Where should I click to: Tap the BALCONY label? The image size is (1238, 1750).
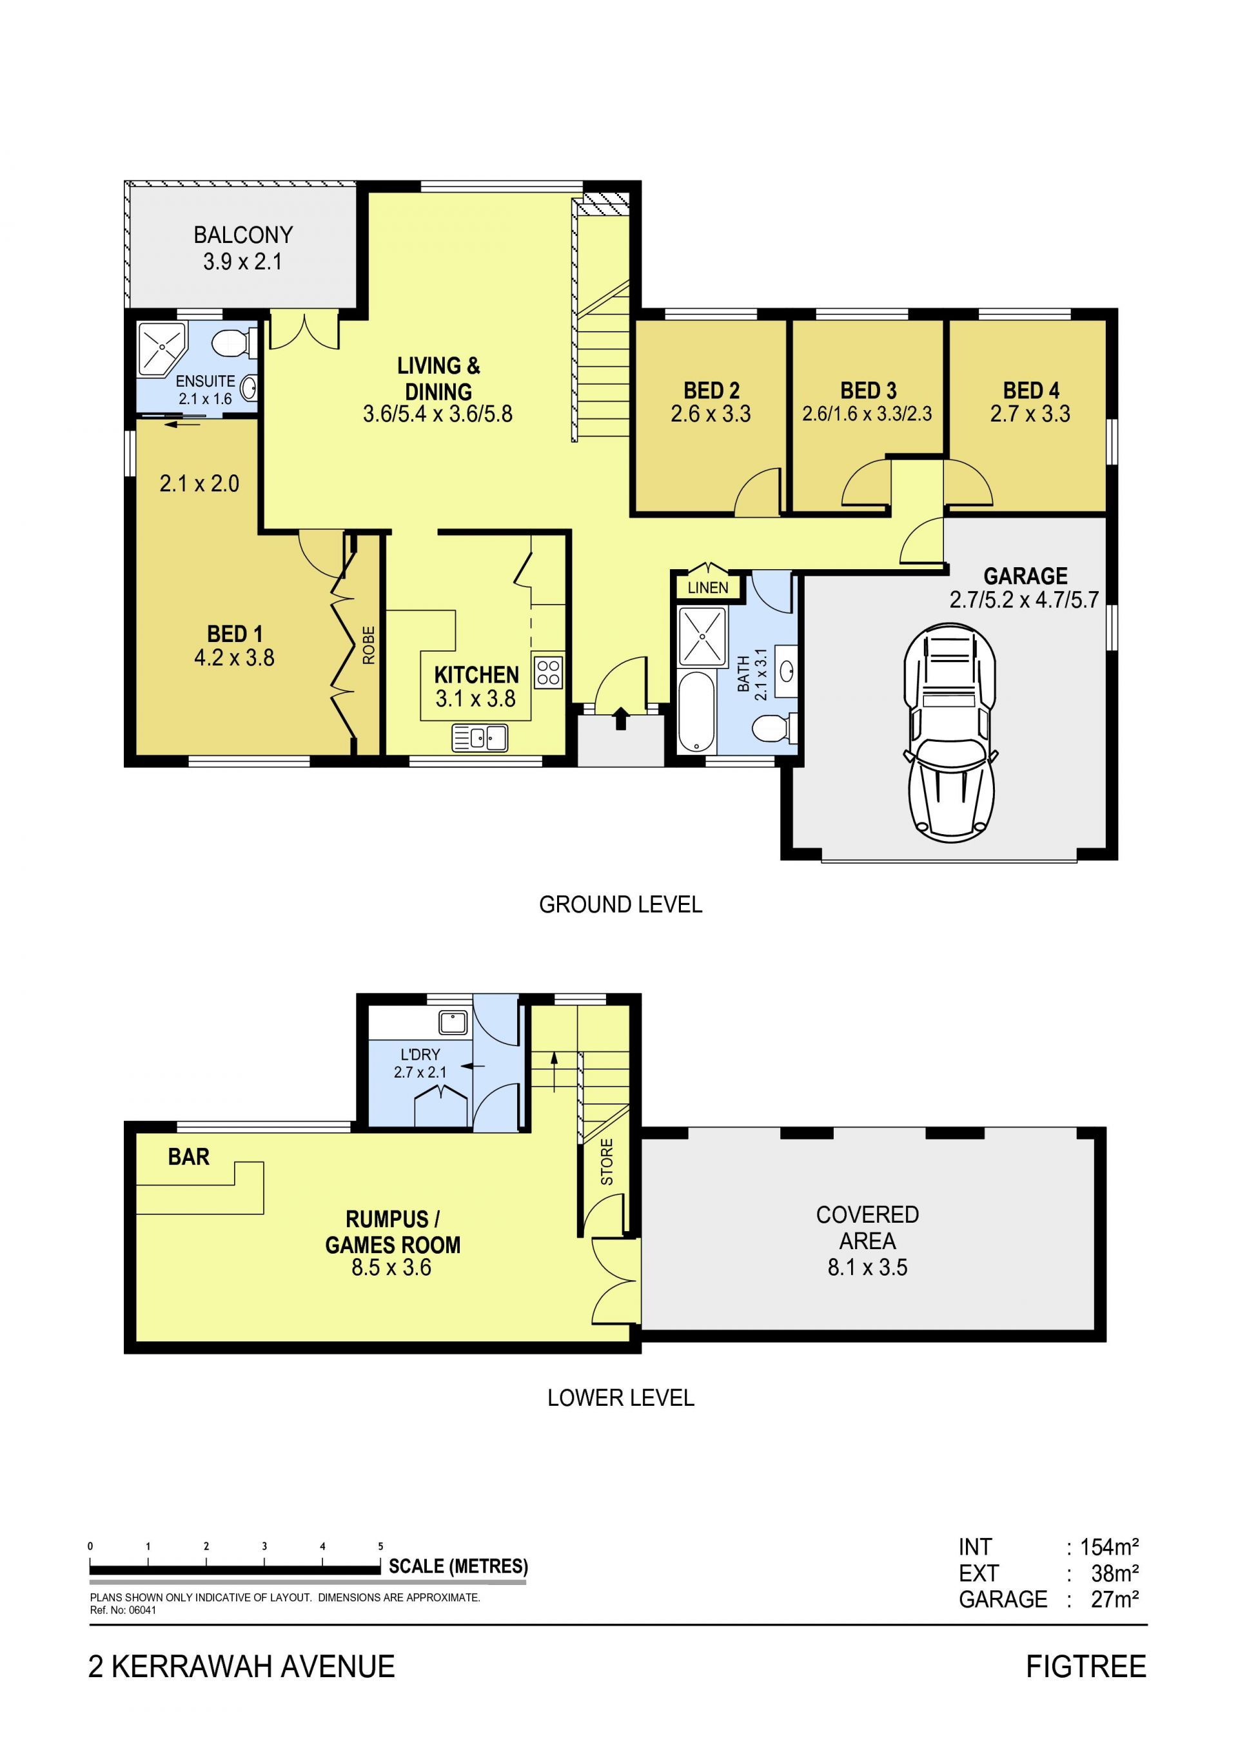(243, 235)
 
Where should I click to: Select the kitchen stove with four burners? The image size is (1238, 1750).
(549, 672)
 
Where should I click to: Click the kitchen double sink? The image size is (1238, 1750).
(480, 738)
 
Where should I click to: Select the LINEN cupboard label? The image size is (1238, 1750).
(708, 588)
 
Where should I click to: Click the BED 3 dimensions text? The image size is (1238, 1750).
(867, 414)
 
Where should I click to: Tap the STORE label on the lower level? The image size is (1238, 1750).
(607, 1162)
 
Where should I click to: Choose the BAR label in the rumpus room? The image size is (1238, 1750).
(188, 1157)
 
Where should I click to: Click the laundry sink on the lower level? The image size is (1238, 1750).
(453, 1022)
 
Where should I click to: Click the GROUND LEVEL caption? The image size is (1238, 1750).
(620, 905)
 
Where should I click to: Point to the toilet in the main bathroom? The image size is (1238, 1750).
(774, 728)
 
